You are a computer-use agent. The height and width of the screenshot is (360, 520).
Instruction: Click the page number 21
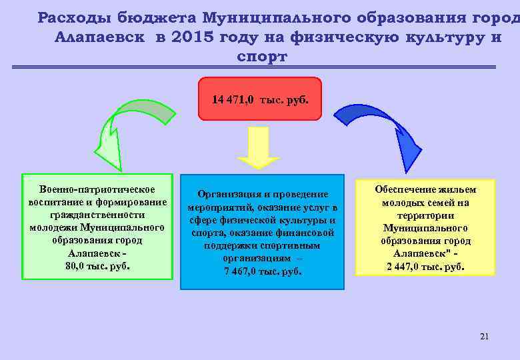(484, 337)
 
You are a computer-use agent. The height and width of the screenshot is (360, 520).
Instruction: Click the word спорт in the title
(262, 57)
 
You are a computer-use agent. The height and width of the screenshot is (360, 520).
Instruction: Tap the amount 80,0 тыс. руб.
(97, 265)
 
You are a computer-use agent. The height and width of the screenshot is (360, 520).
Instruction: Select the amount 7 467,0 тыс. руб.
(262, 271)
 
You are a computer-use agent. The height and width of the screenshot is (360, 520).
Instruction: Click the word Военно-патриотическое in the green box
(97, 190)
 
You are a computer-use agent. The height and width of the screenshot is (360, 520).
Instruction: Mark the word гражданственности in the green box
(97, 215)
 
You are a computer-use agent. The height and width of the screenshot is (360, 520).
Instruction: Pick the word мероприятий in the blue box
(219, 207)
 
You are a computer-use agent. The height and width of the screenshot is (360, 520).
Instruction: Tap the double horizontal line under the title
(253, 67)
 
